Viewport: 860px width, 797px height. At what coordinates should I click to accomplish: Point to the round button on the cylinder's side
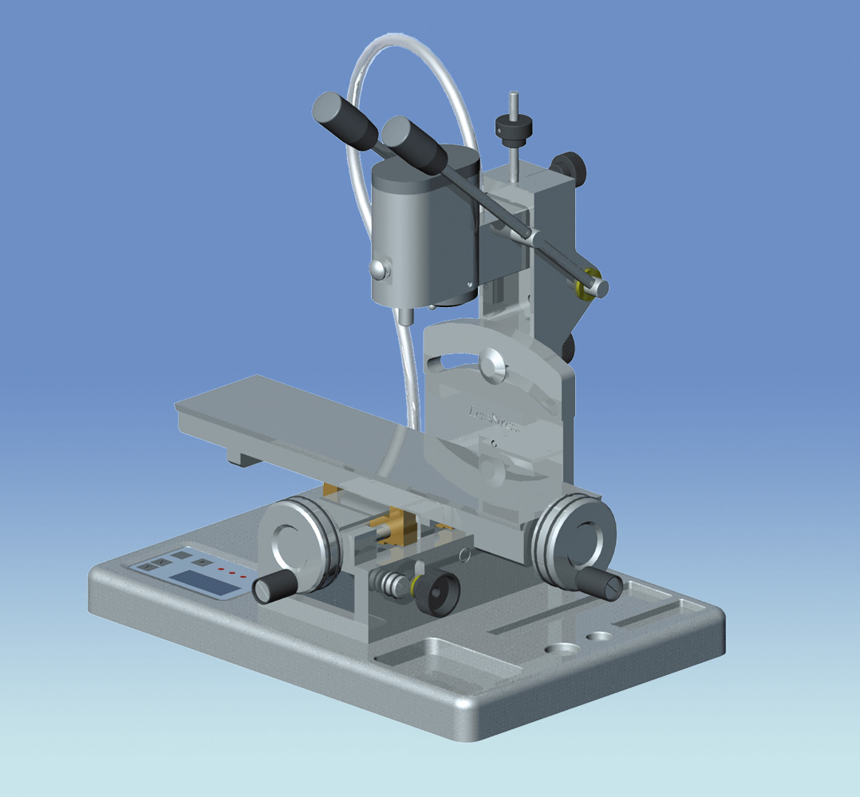point(380,270)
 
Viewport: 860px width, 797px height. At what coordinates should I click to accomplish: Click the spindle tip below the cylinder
point(407,315)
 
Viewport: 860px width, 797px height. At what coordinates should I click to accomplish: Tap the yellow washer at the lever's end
point(590,283)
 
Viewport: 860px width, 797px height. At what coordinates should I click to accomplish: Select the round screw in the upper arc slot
point(492,366)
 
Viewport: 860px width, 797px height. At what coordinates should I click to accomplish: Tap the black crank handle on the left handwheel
point(275,589)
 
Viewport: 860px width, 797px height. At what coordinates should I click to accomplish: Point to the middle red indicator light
point(232,574)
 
